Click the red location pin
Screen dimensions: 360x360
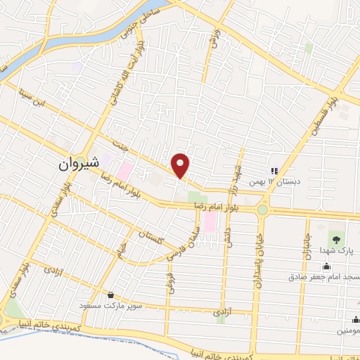coord(181,165)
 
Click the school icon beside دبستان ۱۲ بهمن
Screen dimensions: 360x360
coord(275,170)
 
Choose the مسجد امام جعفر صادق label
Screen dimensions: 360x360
coord(323,276)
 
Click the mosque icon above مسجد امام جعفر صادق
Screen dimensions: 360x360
coord(326,265)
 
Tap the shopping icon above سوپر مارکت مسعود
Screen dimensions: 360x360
coord(110,295)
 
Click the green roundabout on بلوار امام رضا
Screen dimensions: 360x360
coord(262,209)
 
